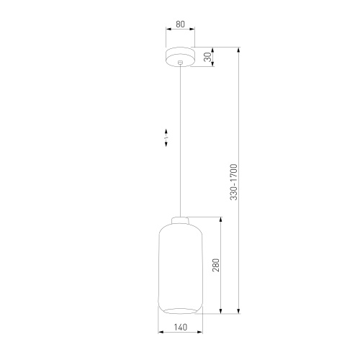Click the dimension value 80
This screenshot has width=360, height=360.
coord(180,24)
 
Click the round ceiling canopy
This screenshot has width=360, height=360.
coord(180,56)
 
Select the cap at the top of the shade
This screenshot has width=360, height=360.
coord(180,220)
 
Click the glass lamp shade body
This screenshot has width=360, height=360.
coord(180,266)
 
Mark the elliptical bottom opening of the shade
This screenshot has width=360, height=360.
coord(180,312)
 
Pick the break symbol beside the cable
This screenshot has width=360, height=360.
coord(166,136)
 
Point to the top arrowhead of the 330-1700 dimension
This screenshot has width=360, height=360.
coord(239,50)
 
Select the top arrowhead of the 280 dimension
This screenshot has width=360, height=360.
coord(220,219)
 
